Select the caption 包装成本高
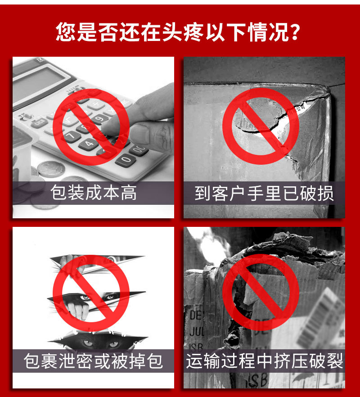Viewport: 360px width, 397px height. [93, 193]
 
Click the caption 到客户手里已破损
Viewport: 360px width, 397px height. [264, 193]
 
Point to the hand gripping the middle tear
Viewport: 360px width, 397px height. [77, 311]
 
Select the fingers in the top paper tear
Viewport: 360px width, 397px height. [67, 260]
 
